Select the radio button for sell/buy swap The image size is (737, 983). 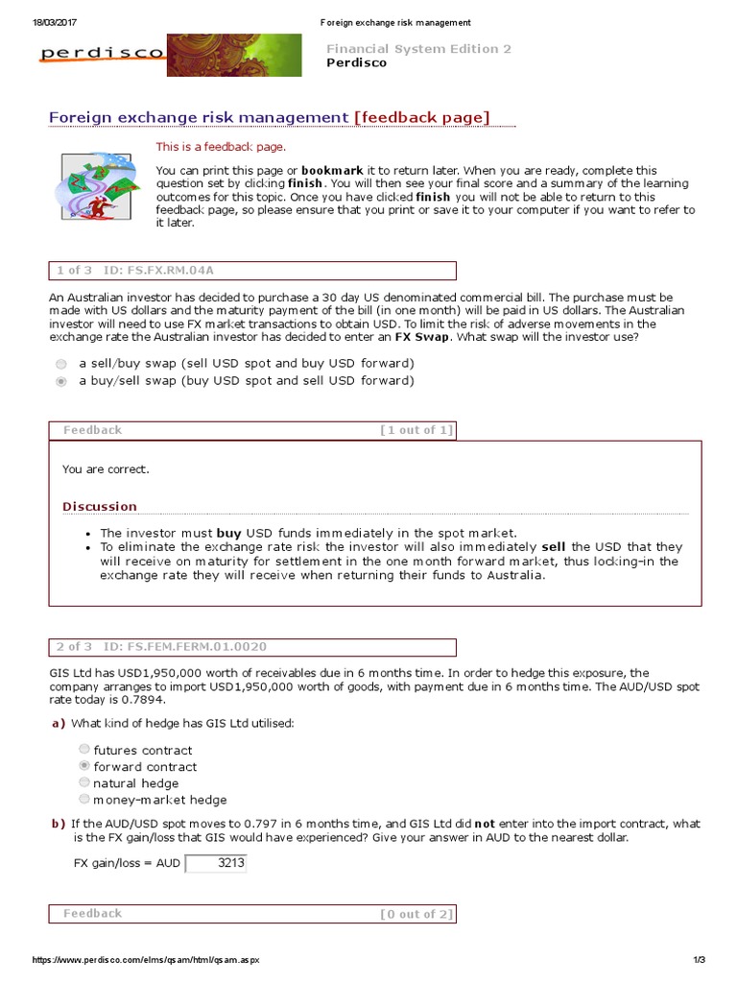[61, 364]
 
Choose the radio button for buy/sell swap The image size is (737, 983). [61, 381]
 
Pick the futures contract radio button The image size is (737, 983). [85, 750]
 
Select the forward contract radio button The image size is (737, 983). [85, 766]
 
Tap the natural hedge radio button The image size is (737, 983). [85, 782]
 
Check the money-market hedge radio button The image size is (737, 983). [85, 799]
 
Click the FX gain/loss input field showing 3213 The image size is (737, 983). [215, 863]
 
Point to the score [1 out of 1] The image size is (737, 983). [416, 430]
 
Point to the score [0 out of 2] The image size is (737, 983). [416, 914]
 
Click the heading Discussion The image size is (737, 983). [100, 506]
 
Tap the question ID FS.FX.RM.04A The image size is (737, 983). [172, 271]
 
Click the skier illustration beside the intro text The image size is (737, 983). [96, 187]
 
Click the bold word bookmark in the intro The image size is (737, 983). [333, 169]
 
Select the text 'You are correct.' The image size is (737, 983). [106, 469]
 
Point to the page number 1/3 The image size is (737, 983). [698, 961]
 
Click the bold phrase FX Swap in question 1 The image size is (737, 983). [422, 338]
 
